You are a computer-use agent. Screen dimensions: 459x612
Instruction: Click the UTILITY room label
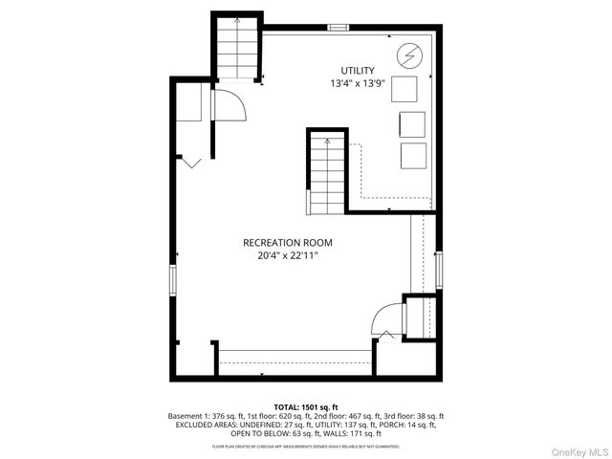click(358, 71)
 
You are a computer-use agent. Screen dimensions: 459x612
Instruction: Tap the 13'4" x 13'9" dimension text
click(358, 84)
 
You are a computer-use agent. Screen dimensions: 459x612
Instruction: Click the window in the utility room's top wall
click(338, 28)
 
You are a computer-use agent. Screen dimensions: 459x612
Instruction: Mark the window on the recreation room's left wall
click(172, 281)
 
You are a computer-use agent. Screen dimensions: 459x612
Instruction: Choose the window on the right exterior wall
click(439, 271)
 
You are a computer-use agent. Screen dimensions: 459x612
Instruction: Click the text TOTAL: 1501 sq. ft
click(305, 406)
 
